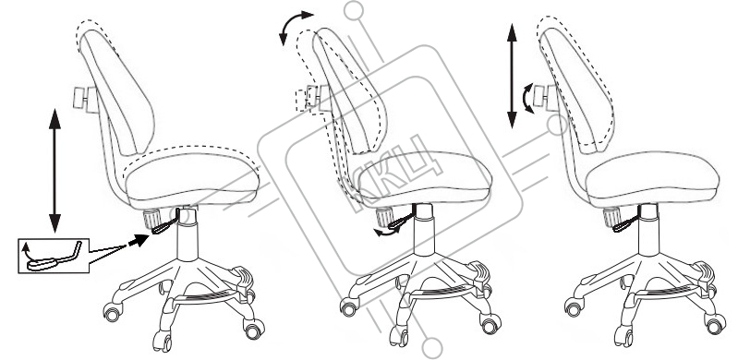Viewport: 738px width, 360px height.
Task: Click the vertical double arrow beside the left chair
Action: pyautogui.click(x=55, y=171)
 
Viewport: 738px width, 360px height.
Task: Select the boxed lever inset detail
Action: pyautogui.click(x=54, y=256)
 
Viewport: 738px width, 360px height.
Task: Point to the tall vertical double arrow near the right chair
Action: pyautogui.click(x=512, y=76)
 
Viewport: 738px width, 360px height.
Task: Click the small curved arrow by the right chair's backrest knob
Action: pyautogui.click(x=528, y=99)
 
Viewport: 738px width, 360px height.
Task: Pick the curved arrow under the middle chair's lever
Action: pyautogui.click(x=386, y=232)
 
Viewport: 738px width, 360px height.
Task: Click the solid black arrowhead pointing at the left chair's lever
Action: pyautogui.click(x=139, y=241)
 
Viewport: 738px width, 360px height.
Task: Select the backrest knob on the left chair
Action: pyautogui.click(x=86, y=100)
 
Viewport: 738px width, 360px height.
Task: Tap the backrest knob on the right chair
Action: pyautogui.click(x=546, y=98)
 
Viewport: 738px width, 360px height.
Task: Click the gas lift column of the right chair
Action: pyautogui.click(x=648, y=231)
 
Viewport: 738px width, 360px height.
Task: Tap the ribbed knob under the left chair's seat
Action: pyautogui.click(x=151, y=219)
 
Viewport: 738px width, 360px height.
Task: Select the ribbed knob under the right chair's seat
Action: pyautogui.click(x=611, y=217)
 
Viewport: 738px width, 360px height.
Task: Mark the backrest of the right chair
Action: pyautogui.click(x=576, y=90)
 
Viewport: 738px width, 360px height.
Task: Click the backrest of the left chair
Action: pyautogui.click(x=116, y=92)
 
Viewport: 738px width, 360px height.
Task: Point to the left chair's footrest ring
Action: pyautogui.click(x=206, y=298)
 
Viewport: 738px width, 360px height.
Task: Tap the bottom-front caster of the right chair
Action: pyautogui.click(x=623, y=338)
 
